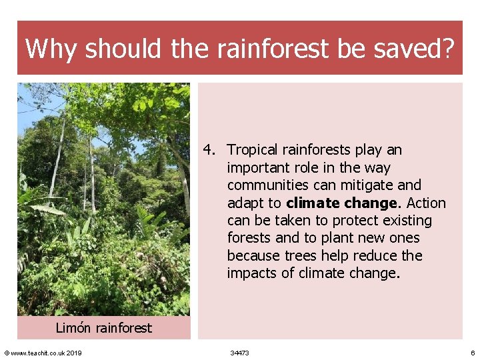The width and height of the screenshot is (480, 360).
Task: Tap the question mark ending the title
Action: (447, 49)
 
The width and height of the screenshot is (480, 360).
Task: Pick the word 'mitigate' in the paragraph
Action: (367, 185)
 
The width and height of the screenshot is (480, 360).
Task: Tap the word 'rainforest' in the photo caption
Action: (123, 328)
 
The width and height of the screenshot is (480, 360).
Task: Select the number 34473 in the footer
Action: (239, 353)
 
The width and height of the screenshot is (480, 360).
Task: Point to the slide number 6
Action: (472, 353)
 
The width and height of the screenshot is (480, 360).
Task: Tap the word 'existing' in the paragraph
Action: (406, 221)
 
